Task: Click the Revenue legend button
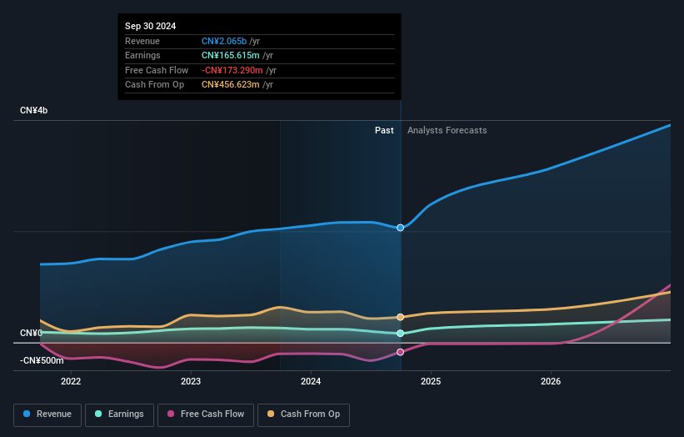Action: pos(47,414)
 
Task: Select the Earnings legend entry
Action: pos(118,414)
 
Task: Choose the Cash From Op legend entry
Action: pos(305,414)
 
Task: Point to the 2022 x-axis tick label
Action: pos(71,381)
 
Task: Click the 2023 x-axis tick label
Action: pos(191,381)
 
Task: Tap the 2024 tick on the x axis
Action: pos(311,381)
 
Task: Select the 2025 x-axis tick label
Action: pos(431,381)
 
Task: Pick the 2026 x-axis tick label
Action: pos(551,381)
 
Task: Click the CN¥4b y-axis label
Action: pos(34,110)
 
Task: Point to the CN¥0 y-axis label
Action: pos(32,333)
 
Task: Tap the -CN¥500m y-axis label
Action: pos(42,360)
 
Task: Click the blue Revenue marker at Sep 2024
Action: pos(401,228)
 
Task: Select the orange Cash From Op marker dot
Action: pos(401,317)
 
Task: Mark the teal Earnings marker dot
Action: pos(401,334)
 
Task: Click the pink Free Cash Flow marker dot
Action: pos(401,352)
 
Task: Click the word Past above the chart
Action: pos(384,130)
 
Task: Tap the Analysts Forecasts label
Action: pos(447,130)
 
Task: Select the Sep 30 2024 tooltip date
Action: pos(151,27)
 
